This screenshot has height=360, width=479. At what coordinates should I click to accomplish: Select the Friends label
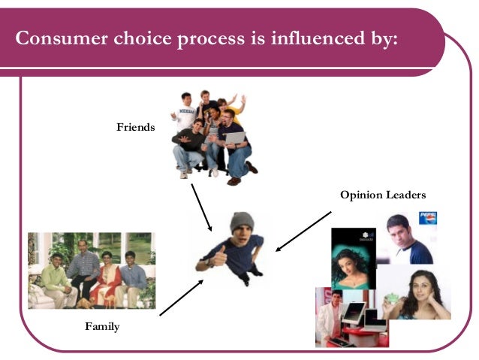point(135,127)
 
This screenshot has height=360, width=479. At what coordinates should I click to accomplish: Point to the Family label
point(102,327)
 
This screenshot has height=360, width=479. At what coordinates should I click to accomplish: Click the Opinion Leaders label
point(382,195)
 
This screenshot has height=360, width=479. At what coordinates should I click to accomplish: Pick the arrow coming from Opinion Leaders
point(303,231)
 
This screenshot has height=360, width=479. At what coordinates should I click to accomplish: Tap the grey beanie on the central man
point(241,221)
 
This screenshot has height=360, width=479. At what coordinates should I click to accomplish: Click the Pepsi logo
point(428,219)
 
